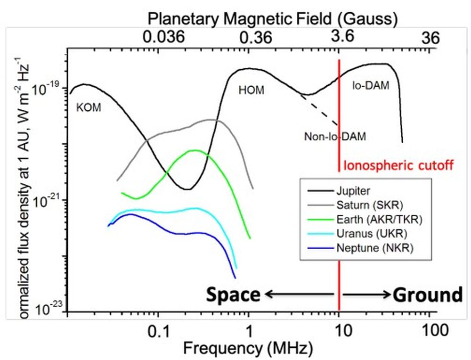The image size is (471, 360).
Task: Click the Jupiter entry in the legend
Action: coord(349,191)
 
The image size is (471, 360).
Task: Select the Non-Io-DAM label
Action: coord(335,137)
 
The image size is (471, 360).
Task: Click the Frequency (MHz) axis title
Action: coord(248,349)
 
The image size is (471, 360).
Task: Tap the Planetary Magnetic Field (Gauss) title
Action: coord(273,19)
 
